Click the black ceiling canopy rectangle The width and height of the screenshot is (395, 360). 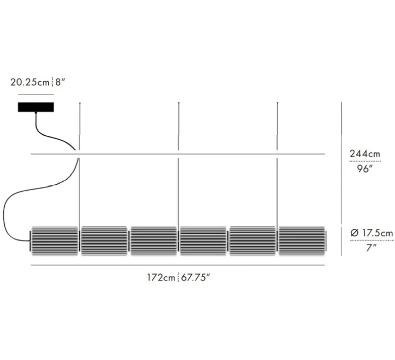tap(36, 107)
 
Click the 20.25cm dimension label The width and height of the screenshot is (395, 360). tap(30, 82)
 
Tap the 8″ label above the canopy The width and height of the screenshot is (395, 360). tap(60, 82)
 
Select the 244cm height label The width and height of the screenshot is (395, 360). tap(365, 153)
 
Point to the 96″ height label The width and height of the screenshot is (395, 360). tap(364, 169)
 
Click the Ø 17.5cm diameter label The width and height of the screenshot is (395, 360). tap(372, 233)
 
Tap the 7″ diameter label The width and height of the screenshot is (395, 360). tap(371, 248)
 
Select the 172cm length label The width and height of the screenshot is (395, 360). tap(161, 278)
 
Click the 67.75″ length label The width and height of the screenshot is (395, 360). tap(195, 278)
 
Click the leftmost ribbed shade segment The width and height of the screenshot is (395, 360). tap(55, 241)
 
